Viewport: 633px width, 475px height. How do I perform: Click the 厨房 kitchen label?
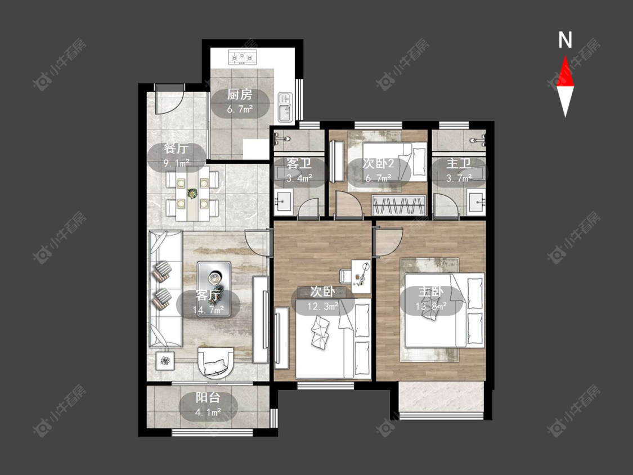240,95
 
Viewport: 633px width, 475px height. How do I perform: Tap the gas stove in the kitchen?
243,57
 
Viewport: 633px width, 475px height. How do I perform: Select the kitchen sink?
285,107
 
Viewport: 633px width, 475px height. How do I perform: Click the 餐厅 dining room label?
177,148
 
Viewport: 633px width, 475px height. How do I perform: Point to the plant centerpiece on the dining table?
192,194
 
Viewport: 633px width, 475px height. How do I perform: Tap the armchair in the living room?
217,362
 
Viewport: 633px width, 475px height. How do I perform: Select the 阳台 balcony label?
208,397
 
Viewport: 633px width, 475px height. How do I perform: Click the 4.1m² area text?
208,413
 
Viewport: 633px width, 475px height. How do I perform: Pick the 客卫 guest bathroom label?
299,164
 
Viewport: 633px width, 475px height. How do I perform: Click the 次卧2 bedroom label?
378,163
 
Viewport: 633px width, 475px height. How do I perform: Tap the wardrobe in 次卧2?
399,205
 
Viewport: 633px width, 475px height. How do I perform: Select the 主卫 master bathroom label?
459,163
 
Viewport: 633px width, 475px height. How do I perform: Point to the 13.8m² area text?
431,306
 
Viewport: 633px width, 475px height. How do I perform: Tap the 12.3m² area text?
323,307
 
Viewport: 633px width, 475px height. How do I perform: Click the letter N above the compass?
565,40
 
